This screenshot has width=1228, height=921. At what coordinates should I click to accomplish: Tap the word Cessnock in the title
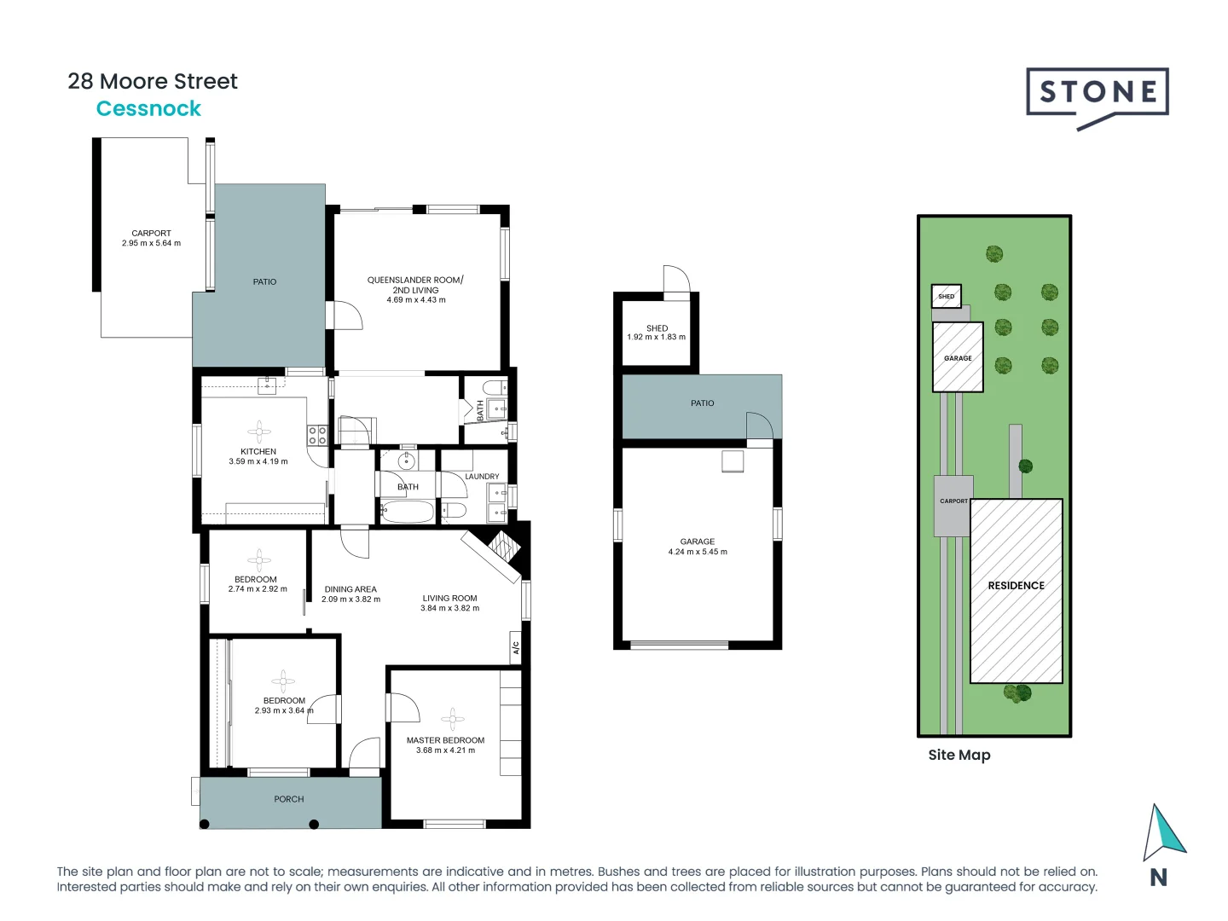(x=148, y=109)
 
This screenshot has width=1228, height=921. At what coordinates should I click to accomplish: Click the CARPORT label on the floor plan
(x=151, y=233)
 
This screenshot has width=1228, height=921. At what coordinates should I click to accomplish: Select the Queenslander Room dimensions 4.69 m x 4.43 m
(x=416, y=300)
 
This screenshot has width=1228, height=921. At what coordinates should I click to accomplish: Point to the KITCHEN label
(x=258, y=451)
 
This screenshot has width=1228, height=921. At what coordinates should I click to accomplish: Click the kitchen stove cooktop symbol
(x=317, y=436)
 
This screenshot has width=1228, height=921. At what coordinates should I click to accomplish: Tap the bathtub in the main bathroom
(x=408, y=513)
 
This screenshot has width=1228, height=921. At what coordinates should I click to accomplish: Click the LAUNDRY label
(x=482, y=477)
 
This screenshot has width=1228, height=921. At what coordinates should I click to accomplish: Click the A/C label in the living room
(x=515, y=647)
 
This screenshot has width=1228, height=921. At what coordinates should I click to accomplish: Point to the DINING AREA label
(x=350, y=589)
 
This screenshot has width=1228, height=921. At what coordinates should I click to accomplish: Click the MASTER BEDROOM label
(x=445, y=740)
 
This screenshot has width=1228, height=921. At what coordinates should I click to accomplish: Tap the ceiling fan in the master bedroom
(x=452, y=718)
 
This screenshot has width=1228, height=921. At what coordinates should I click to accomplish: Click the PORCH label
(x=289, y=799)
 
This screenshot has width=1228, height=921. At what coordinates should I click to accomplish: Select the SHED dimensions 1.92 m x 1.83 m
(x=656, y=338)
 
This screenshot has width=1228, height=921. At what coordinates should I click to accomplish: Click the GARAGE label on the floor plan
(x=698, y=542)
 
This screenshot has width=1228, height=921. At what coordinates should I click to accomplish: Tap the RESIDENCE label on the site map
(x=1016, y=586)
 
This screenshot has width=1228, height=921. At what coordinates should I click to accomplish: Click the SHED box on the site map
(x=946, y=297)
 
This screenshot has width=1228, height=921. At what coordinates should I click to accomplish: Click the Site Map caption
(x=959, y=755)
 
